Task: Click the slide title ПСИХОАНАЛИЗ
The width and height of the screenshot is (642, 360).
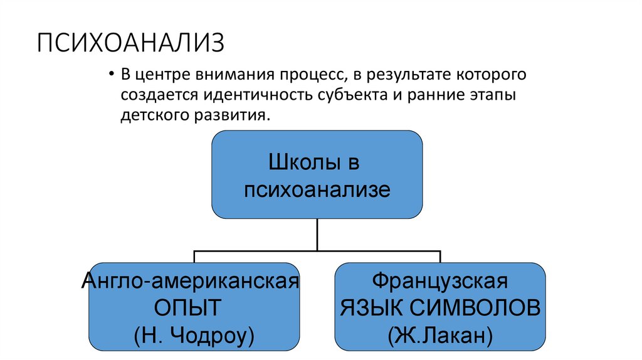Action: [x=130, y=46]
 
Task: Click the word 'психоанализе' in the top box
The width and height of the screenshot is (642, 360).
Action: [x=317, y=189]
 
